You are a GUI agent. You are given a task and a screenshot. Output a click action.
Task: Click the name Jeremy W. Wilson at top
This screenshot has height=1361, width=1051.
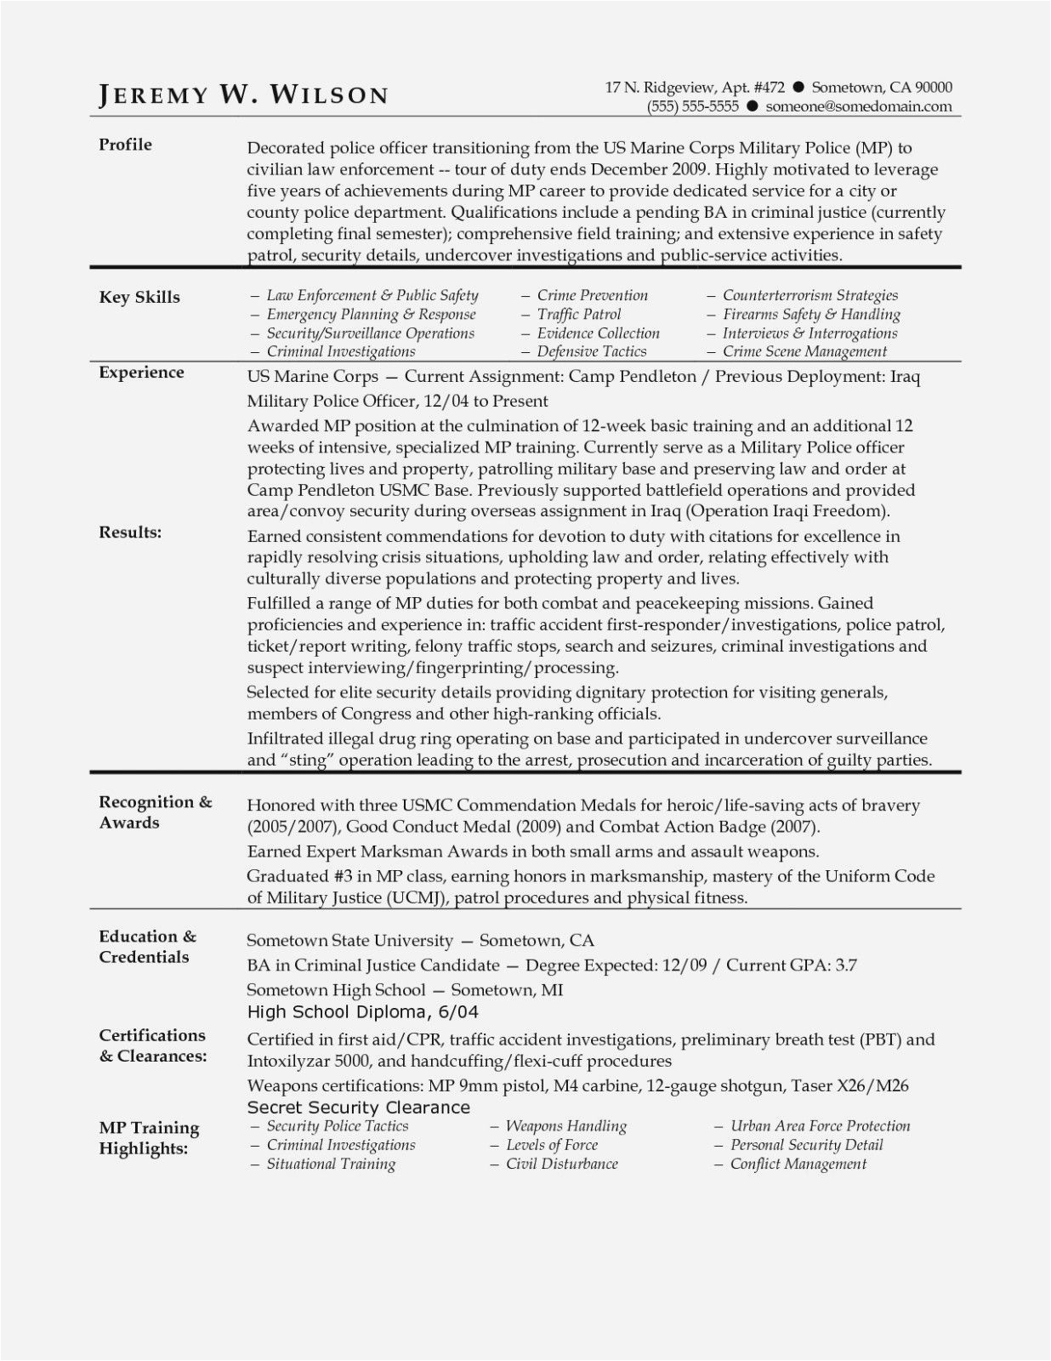(x=243, y=94)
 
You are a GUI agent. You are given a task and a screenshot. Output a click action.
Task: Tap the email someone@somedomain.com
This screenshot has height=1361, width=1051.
(x=858, y=106)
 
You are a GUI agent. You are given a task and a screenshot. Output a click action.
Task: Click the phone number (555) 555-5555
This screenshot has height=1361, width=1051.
(x=692, y=106)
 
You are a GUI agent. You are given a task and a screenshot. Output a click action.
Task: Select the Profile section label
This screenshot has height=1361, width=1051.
(x=125, y=145)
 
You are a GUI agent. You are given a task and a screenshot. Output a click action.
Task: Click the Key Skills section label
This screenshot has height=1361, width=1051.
(x=139, y=297)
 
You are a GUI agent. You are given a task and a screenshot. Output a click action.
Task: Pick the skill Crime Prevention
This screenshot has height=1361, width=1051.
(x=592, y=295)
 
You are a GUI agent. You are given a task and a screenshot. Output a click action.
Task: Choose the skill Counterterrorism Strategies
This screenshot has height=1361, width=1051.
(x=810, y=295)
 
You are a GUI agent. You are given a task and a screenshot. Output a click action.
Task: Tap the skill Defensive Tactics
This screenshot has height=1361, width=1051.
(x=591, y=351)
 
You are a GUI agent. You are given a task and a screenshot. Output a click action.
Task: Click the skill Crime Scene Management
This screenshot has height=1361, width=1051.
(x=804, y=351)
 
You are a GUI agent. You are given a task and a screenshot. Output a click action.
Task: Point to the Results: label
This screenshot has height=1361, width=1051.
(x=130, y=532)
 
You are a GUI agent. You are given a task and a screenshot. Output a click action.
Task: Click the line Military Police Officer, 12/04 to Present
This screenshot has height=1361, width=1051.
(x=397, y=401)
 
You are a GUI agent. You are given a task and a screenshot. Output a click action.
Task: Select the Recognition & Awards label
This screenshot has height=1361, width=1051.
(x=155, y=811)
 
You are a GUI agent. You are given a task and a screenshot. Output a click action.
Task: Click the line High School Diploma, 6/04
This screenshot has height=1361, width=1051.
(x=362, y=1011)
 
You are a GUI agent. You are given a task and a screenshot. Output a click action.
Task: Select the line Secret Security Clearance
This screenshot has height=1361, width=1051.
(x=358, y=1107)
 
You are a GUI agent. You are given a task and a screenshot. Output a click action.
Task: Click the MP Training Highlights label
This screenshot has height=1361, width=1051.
(x=149, y=1137)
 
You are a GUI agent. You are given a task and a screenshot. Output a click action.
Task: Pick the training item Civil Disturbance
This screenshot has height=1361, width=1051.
(x=561, y=1164)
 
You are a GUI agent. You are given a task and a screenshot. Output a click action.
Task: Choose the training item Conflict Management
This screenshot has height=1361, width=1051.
(x=798, y=1164)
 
